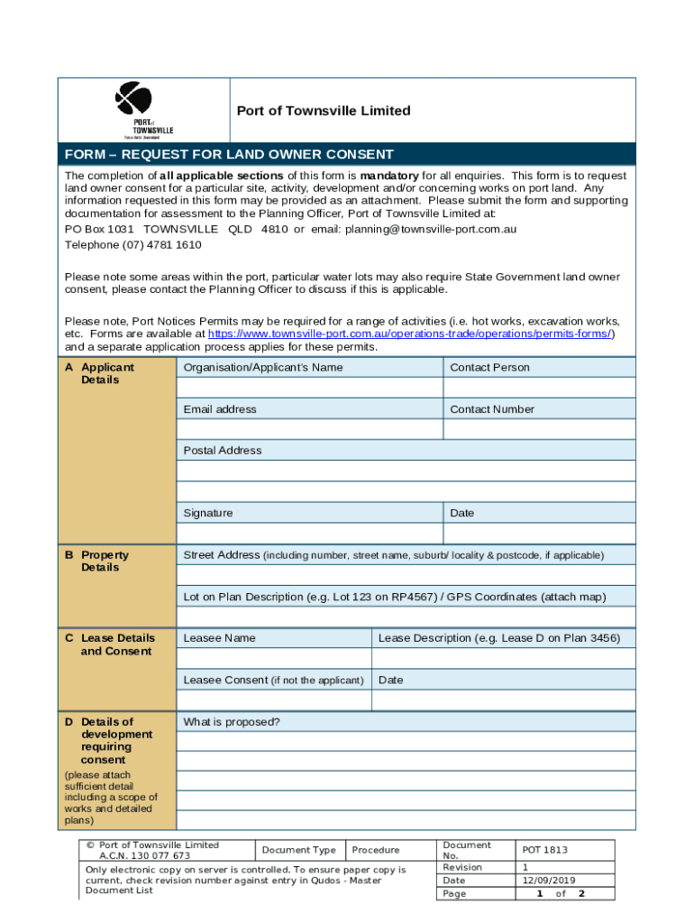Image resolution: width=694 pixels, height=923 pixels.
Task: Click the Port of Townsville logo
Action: (134, 110)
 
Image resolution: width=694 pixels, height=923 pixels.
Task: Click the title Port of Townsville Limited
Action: (323, 111)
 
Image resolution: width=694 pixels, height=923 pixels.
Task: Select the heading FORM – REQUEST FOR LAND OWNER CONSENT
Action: (229, 154)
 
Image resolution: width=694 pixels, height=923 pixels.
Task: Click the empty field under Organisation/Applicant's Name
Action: (309, 388)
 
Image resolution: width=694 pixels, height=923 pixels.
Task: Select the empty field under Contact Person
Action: (538, 388)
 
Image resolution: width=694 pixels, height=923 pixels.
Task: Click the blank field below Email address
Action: (309, 429)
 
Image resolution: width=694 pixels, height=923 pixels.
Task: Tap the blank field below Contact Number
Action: (538, 429)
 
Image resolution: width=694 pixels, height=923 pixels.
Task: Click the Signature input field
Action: (309, 534)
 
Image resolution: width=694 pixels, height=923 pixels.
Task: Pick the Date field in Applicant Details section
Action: (538, 534)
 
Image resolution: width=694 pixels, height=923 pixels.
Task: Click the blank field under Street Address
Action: (406, 576)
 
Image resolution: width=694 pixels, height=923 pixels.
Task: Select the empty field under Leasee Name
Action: (274, 659)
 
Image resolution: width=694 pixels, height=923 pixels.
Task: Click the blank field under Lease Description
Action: (503, 659)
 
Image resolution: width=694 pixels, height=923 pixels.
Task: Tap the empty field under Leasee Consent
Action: (274, 700)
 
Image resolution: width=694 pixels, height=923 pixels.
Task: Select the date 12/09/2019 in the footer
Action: (549, 881)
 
